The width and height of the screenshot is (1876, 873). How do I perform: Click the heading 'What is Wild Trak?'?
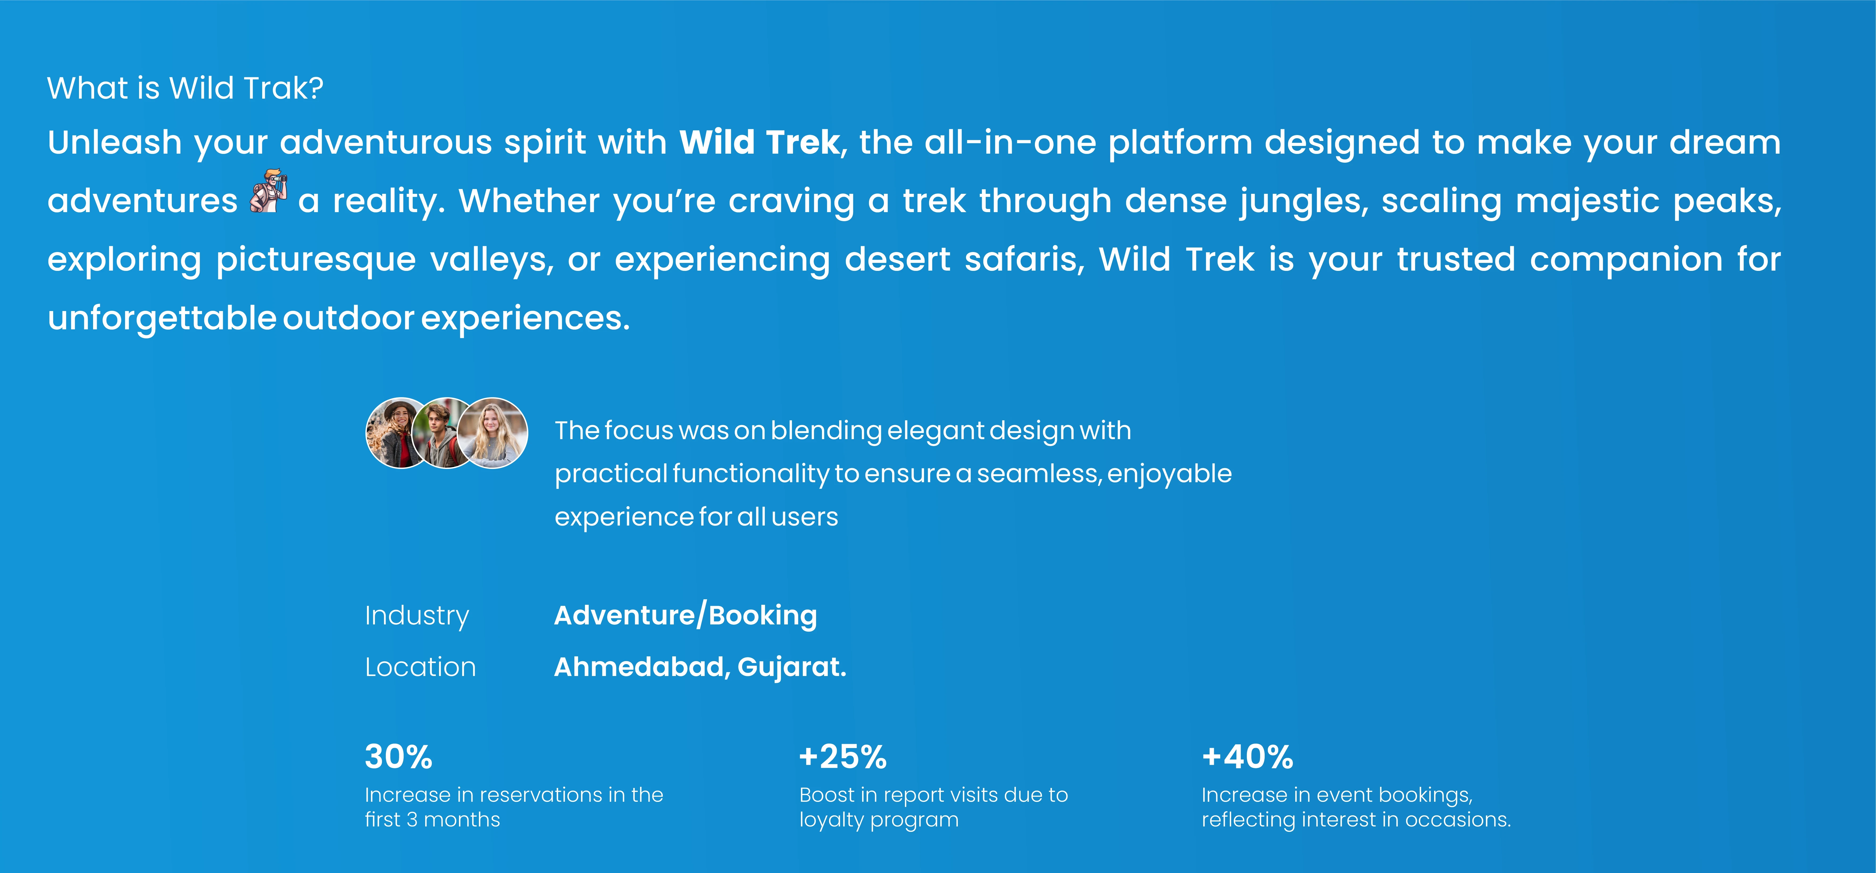pyautogui.click(x=185, y=88)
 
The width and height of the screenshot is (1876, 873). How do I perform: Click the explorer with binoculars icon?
pyautogui.click(x=268, y=191)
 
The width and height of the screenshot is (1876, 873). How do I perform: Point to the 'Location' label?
pyautogui.click(x=420, y=667)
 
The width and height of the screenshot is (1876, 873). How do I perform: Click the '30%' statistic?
pyautogui.click(x=398, y=757)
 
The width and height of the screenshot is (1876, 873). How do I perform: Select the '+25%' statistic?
pyautogui.click(x=843, y=757)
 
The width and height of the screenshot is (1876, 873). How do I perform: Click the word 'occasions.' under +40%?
pyautogui.click(x=1458, y=820)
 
